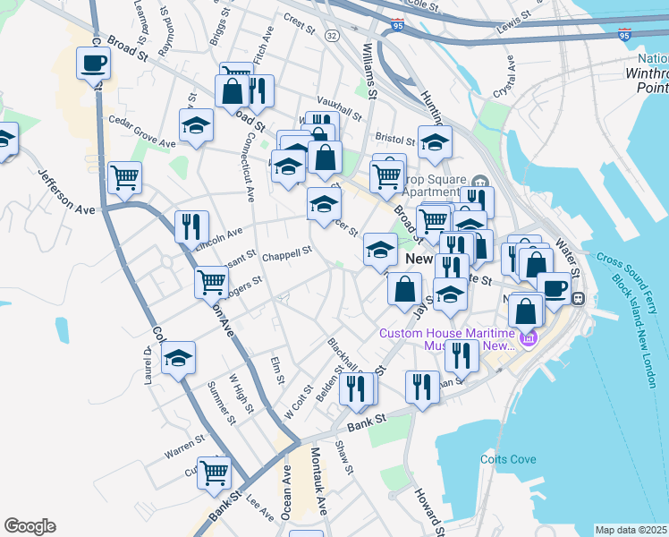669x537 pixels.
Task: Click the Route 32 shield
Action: click(332, 35)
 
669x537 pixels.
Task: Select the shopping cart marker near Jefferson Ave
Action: click(124, 176)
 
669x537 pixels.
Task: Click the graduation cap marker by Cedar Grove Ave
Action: click(196, 125)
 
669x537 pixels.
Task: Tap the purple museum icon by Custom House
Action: click(528, 338)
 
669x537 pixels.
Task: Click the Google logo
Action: click(30, 526)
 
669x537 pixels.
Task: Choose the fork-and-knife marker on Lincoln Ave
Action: click(191, 226)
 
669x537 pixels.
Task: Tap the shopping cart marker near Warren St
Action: click(214, 473)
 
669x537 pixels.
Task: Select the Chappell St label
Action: click(286, 253)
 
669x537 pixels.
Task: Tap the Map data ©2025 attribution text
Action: click(631, 530)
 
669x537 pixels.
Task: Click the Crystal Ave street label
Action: click(509, 75)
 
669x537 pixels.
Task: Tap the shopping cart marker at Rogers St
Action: click(212, 281)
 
